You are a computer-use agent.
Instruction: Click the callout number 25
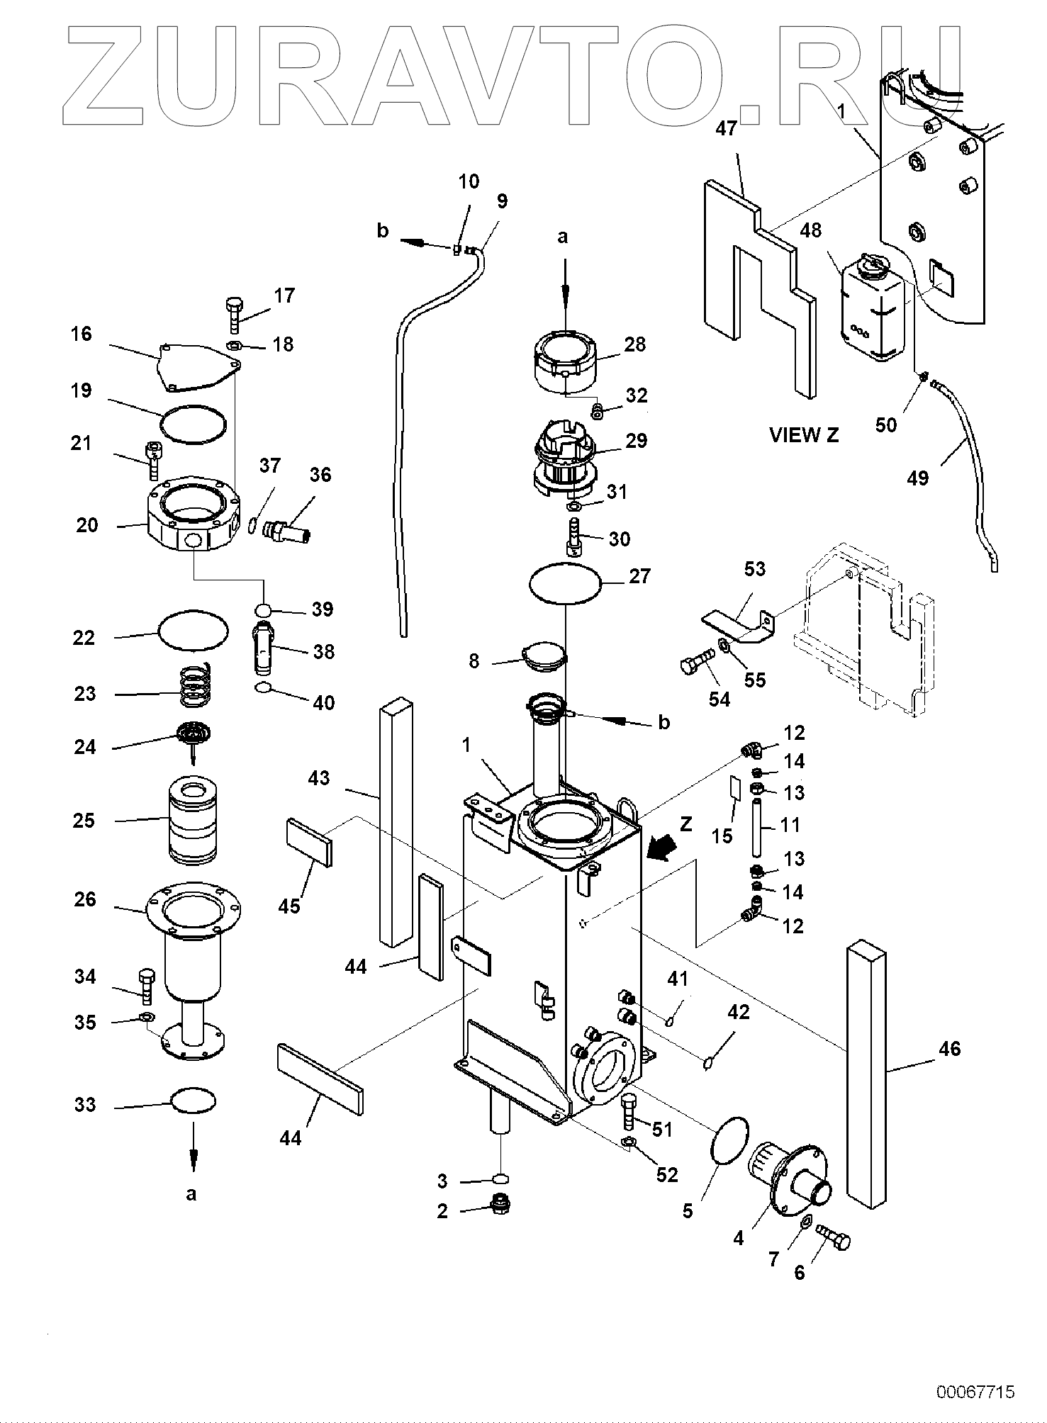pyautogui.click(x=84, y=821)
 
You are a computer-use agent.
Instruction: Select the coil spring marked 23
pyautogui.click(x=194, y=687)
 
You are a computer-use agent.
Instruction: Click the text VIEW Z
pyautogui.click(x=804, y=435)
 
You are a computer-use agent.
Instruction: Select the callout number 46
pyautogui.click(x=949, y=1048)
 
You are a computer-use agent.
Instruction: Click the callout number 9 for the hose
pyautogui.click(x=502, y=202)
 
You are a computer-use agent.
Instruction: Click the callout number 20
pyautogui.click(x=86, y=525)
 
